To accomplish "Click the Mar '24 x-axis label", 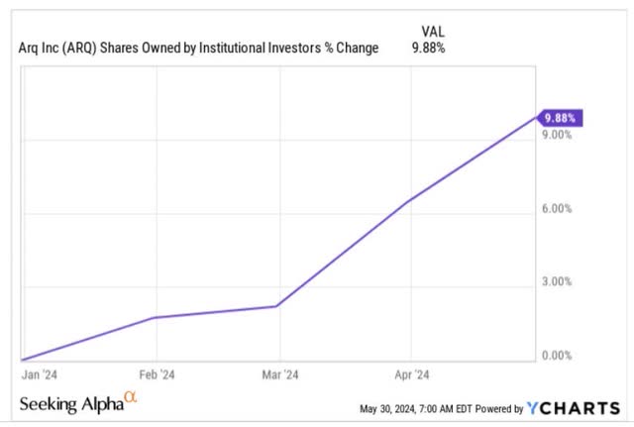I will tap(282, 375).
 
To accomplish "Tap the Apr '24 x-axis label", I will tap(411, 375).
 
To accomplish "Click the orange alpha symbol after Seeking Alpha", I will tap(130, 398).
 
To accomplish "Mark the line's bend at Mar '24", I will tap(278, 306).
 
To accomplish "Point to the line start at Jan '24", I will tap(23, 359).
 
